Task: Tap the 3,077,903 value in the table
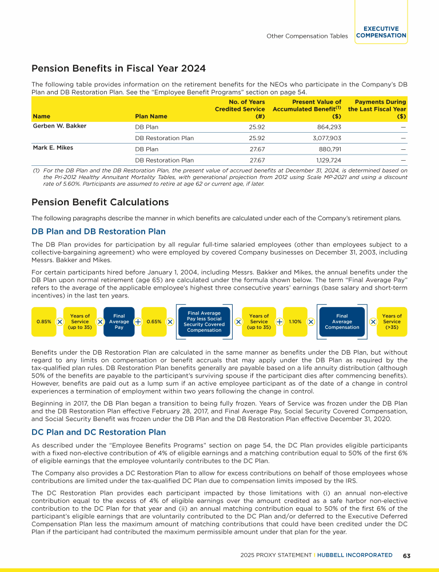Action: click(325, 138)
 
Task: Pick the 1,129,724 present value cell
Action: click(326, 161)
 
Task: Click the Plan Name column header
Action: click(151, 116)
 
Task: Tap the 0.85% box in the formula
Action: click(44, 321)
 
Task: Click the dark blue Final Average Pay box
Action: click(119, 321)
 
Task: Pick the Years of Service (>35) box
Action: click(392, 321)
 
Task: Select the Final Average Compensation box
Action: click(342, 321)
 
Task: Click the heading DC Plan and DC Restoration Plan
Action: click(98, 432)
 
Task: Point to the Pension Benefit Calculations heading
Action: click(100, 202)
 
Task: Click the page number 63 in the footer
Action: click(407, 555)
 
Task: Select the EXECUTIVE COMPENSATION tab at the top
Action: click(381, 32)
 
